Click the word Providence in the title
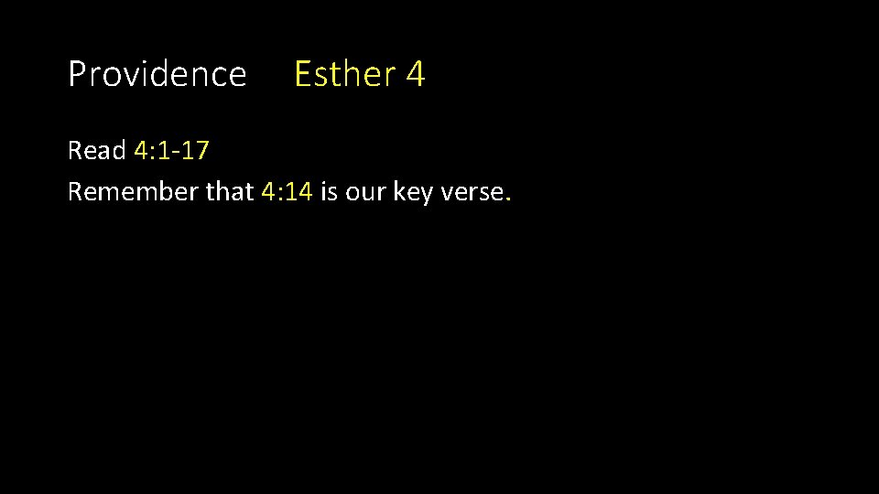pos(157,74)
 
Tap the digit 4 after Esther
pos(415,74)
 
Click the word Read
pos(97,151)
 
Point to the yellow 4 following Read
pos(141,151)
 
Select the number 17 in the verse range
pos(196,151)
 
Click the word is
pos(329,191)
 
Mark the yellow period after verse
pos(507,199)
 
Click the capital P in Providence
pos(77,74)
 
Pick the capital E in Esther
pos(302,74)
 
